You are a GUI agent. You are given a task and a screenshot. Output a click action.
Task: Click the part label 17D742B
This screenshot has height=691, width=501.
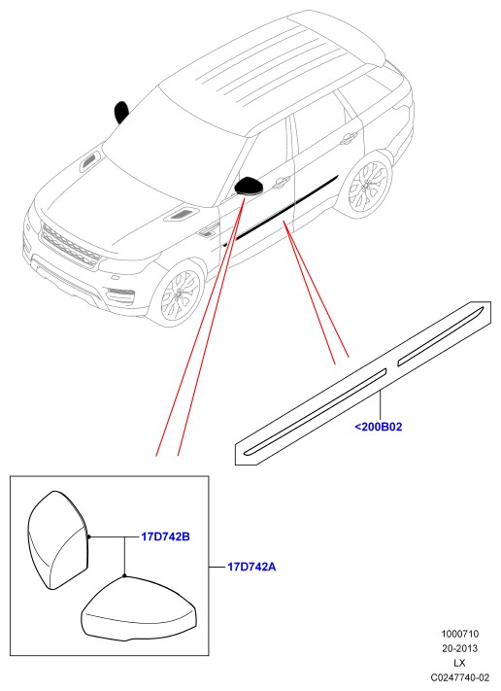coord(165,536)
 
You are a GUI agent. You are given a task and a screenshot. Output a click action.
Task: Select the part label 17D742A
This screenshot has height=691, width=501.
coord(251,567)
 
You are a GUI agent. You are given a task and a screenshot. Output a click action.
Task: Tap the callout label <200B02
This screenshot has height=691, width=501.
coord(378,427)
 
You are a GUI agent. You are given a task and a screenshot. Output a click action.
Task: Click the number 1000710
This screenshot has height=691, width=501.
coord(459,634)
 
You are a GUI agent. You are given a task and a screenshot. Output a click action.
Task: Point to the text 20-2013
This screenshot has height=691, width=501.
coord(459,648)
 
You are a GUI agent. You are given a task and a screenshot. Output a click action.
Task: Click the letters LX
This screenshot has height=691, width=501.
coord(459,663)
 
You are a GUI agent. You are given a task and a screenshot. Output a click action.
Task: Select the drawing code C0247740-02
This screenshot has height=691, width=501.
coord(459,677)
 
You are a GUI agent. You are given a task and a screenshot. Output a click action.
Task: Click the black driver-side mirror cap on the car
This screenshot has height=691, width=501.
coord(250,185)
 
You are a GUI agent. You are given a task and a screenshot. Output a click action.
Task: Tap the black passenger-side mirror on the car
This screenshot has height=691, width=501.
coord(121,112)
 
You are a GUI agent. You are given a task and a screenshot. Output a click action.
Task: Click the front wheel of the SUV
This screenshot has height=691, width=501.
coord(181,293)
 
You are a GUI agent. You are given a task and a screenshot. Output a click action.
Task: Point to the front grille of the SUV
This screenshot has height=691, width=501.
coord(70,245)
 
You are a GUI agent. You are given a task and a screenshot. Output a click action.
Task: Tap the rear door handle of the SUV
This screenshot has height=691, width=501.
coord(349,138)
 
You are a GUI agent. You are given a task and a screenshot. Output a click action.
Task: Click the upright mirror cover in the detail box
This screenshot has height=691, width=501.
coord(58,539)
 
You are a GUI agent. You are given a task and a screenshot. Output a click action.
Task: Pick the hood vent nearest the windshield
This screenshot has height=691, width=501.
coord(90,162)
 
